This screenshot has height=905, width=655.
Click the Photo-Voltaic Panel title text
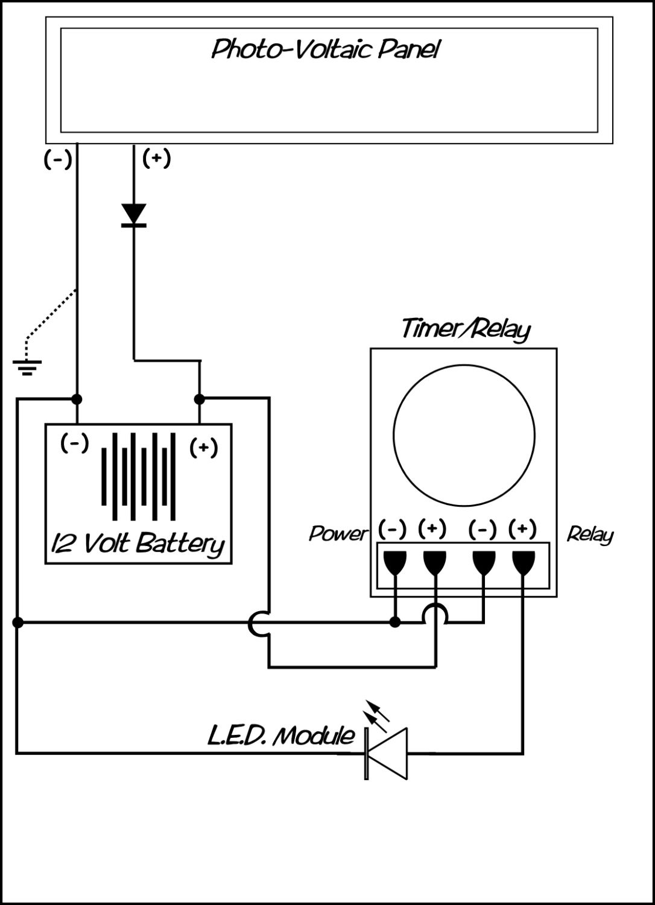coord(325,49)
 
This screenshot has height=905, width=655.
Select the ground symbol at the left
coord(27,367)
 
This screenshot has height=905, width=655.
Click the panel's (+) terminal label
coord(156,158)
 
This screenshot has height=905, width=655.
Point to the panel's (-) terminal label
coord(58,159)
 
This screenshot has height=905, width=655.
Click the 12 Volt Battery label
coord(138,544)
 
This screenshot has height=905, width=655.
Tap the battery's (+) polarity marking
coord(203,448)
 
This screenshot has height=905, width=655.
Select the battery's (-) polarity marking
coord(75,443)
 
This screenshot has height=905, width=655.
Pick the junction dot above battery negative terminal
coord(77,399)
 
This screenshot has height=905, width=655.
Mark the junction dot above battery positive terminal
coord(200,399)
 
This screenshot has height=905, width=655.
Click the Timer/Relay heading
coord(466,329)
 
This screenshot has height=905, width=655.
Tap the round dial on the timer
coord(464,436)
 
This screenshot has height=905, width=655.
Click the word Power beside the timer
coord(338,533)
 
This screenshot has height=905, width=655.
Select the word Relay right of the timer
coord(590,535)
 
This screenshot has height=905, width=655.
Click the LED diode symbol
coord(387,753)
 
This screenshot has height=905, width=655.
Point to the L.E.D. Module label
coord(281,736)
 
